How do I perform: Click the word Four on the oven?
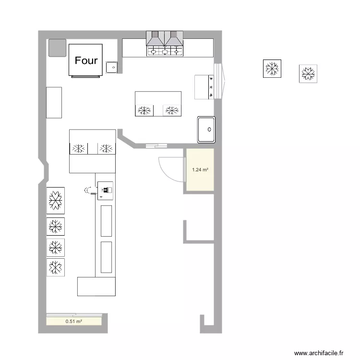pos(86,60)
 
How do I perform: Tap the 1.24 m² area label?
pos(200,169)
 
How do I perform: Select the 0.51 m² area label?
pos(74,321)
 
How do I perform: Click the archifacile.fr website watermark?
pos(319,353)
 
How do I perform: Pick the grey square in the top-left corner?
pos(58,48)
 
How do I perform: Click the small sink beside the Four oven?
pos(111,68)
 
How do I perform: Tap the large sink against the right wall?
pos(206,130)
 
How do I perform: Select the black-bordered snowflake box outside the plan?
pos(272,69)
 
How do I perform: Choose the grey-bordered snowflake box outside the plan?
pos(308,74)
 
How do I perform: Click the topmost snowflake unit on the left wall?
pos(56,201)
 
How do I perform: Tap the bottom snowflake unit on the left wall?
pos(56,267)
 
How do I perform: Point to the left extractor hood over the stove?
pos(156,38)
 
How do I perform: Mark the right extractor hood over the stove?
pos(174,38)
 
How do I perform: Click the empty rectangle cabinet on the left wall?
pos(54,103)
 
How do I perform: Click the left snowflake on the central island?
pos(144,110)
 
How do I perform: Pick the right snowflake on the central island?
pos(172,110)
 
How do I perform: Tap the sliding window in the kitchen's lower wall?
pos(156,145)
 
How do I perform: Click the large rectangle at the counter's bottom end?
pos(96,287)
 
